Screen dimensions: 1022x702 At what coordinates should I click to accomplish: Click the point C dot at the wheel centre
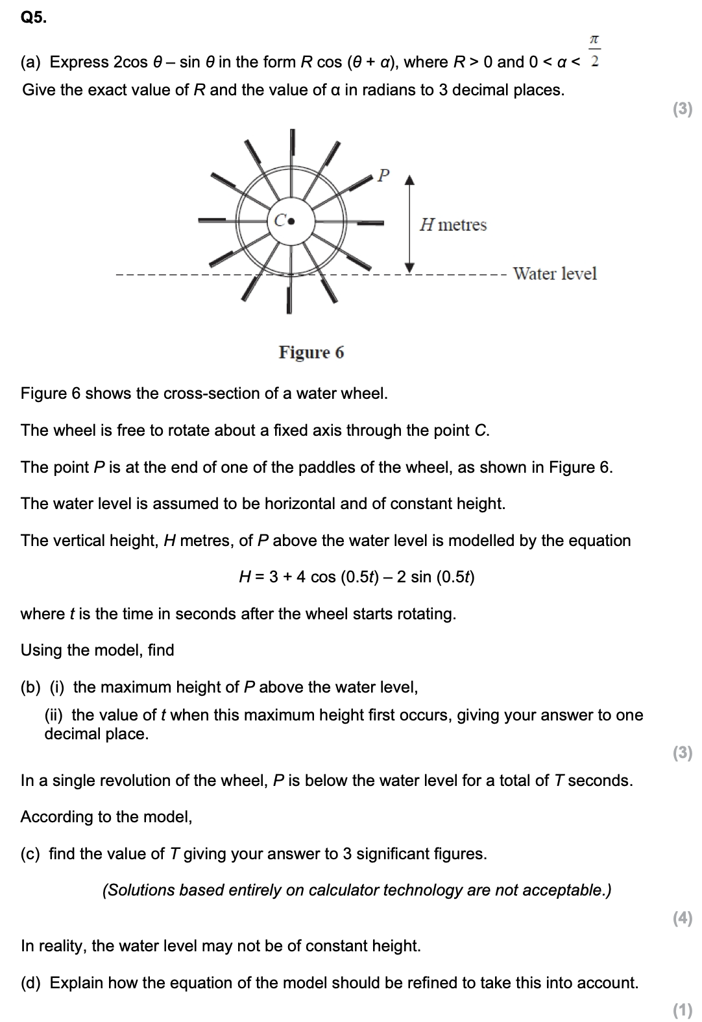[291, 220]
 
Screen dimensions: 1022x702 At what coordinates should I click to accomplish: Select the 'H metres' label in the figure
[453, 225]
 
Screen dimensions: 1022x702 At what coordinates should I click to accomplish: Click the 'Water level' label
[554, 274]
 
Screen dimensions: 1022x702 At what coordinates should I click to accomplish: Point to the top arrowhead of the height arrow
[409, 179]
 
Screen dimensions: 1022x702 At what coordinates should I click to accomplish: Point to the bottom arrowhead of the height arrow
[409, 267]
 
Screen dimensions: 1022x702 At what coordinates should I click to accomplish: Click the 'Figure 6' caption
[311, 352]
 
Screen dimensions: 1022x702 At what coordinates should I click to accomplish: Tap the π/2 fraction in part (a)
[594, 51]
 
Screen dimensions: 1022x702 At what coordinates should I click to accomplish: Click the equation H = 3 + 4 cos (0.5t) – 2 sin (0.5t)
[356, 577]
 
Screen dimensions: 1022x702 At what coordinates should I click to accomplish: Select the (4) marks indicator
[683, 918]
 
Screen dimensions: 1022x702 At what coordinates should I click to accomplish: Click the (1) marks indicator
[683, 1010]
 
